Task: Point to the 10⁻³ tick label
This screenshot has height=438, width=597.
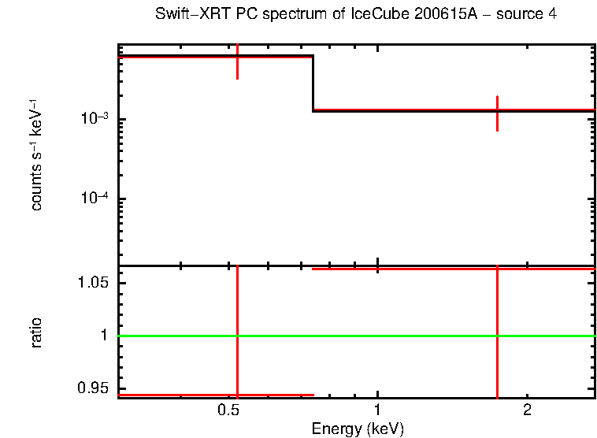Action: click(94, 119)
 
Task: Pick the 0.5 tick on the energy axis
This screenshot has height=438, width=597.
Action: click(228, 410)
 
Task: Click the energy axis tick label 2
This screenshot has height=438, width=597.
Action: click(527, 410)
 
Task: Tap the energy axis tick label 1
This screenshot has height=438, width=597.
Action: click(378, 410)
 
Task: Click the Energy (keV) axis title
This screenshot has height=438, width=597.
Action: click(358, 429)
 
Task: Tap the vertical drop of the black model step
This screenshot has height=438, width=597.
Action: click(313, 83)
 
